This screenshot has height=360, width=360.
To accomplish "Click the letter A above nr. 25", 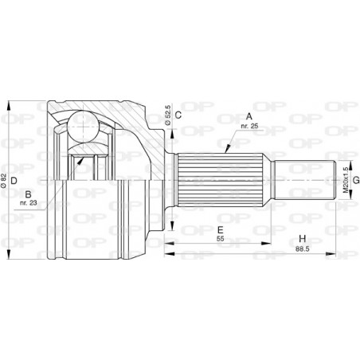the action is pos(248,116).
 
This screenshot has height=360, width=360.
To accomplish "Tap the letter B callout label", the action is pos(28,194).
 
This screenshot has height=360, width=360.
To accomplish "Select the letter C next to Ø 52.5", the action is pos(178,115).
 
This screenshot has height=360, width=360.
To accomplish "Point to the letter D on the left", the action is pos(14,181).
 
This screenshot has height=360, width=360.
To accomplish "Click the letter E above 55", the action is pos(221,229).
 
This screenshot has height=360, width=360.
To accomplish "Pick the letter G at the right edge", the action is pos(356,181).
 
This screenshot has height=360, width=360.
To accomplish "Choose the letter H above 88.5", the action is pos(303,239).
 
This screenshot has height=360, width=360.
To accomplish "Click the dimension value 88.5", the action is pos(303,249).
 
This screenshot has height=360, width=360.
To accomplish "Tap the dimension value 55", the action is pos(221,239).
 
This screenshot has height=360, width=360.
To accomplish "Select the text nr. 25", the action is pos(249,126).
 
